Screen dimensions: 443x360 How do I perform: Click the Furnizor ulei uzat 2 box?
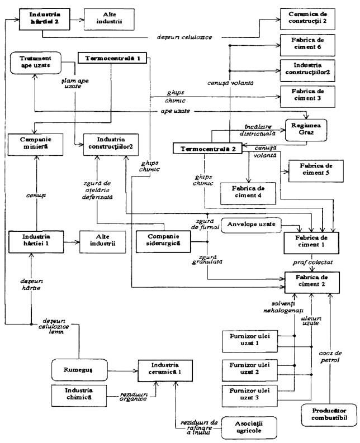click(248, 369)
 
